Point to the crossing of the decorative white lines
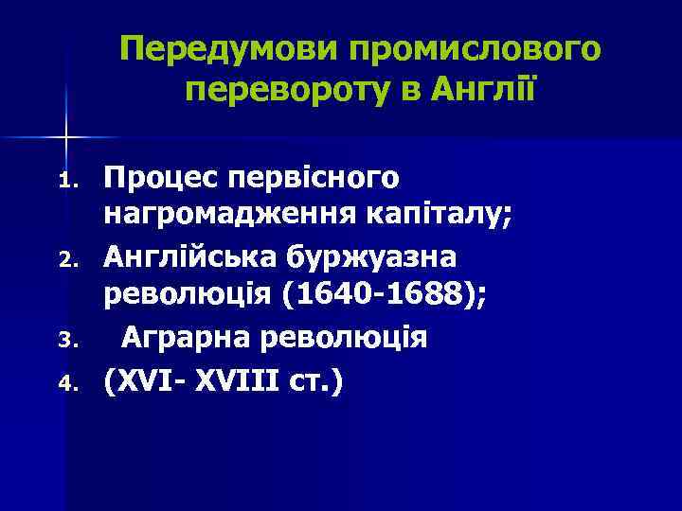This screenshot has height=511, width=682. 66,137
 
